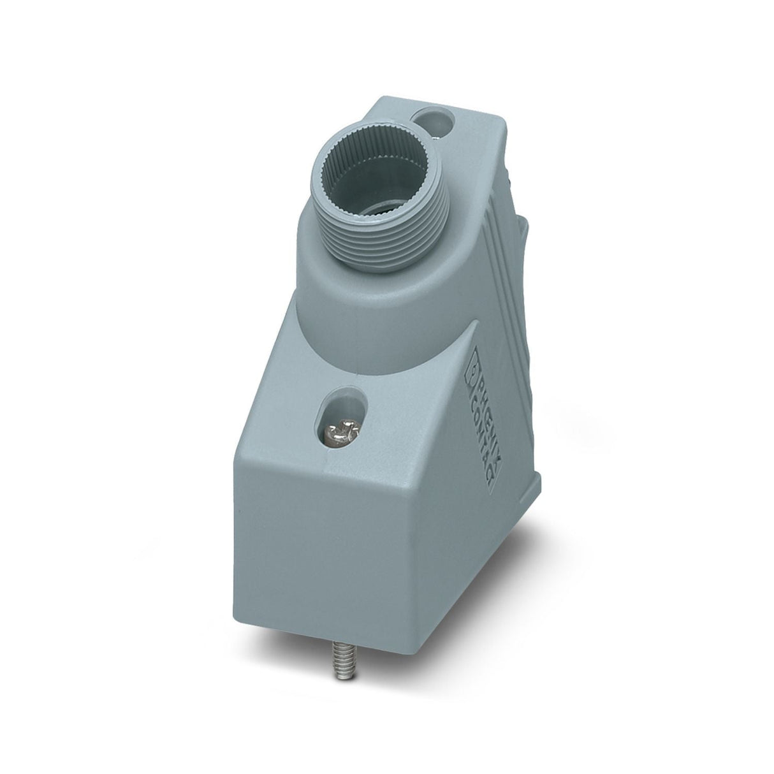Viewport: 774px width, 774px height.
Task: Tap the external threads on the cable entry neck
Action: pos(386,241)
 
